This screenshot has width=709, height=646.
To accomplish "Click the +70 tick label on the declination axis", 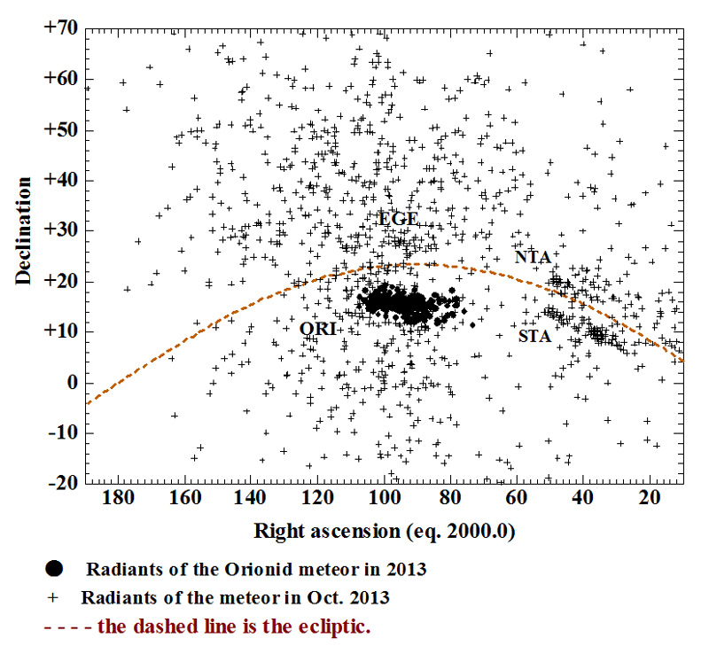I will [60, 27].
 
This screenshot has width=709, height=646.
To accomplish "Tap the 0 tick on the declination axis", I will [71, 383].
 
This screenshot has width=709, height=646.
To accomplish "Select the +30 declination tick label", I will [60, 230].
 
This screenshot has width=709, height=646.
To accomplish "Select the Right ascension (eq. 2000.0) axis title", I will [386, 532].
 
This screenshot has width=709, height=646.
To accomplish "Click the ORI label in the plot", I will [316, 329].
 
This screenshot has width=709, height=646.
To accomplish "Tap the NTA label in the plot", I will [533, 257].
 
